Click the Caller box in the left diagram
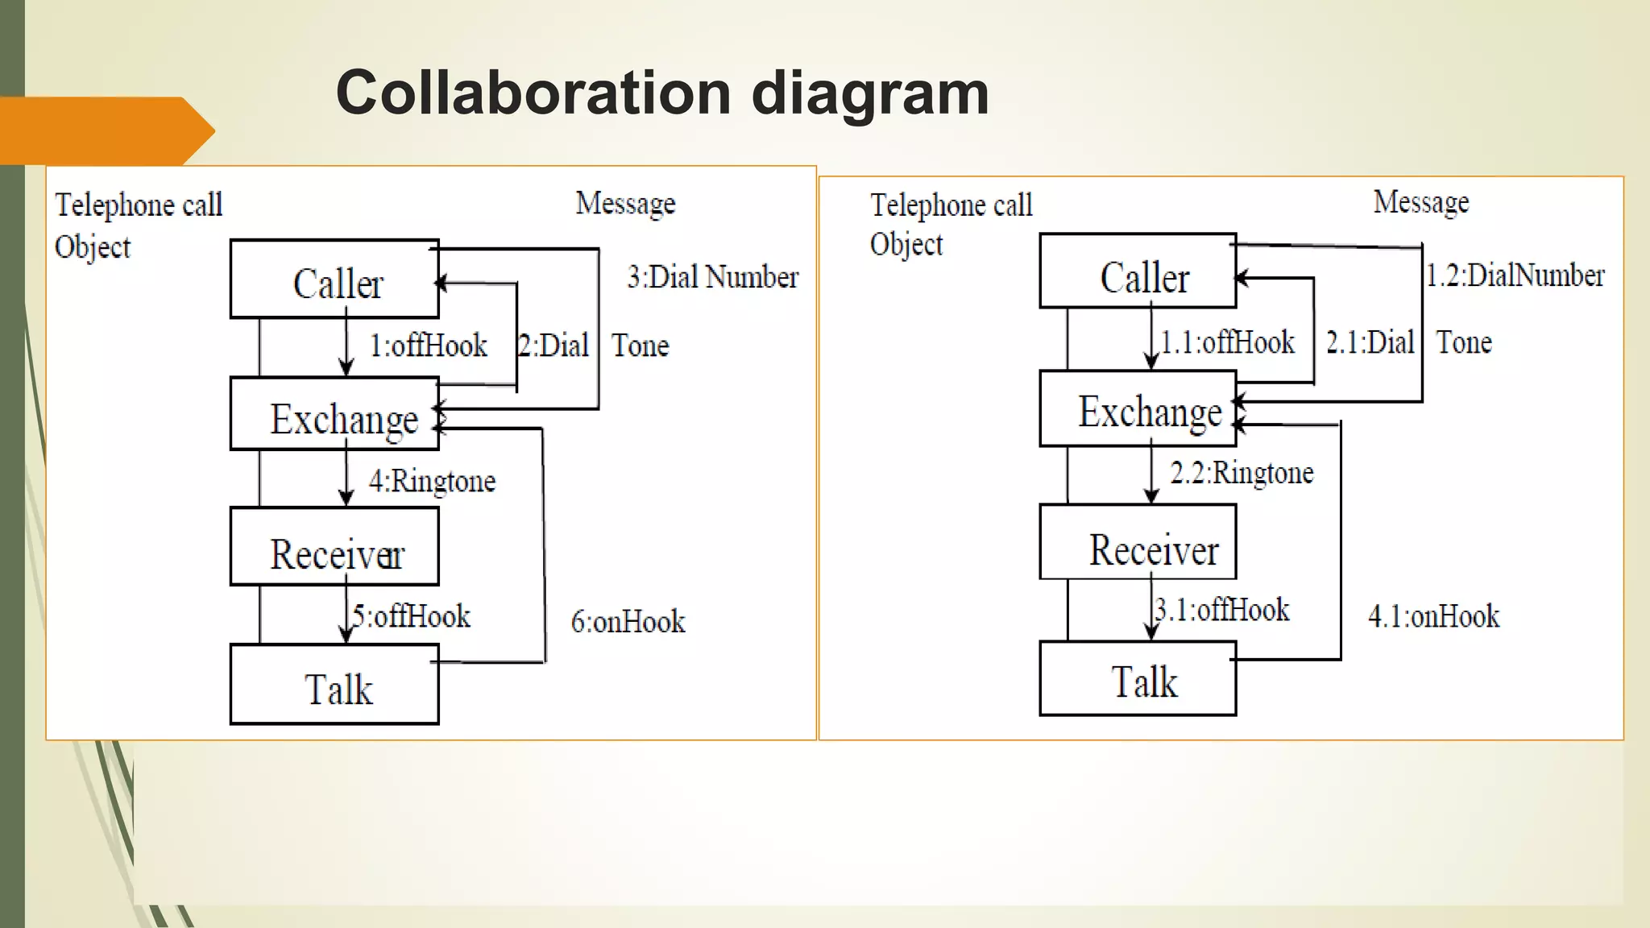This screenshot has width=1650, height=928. pyautogui.click(x=334, y=279)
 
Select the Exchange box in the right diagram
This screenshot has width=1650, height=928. pyautogui.click(x=1138, y=409)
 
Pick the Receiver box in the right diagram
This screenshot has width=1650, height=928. pyautogui.click(x=1138, y=543)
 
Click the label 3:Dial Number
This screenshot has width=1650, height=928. pyautogui.click(x=712, y=277)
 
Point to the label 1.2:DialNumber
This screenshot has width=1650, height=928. pyautogui.click(x=1515, y=275)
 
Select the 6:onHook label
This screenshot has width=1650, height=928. pyautogui.click(x=628, y=622)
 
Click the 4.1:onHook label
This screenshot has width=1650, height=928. pyautogui.click(x=1433, y=616)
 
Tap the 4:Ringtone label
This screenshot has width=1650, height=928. pyautogui.click(x=432, y=481)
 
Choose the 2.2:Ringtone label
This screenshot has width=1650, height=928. pyautogui.click(x=1242, y=473)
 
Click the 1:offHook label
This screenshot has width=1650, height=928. pyautogui.click(x=428, y=346)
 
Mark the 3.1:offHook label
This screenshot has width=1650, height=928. pyautogui.click(x=1222, y=610)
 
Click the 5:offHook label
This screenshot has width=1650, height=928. pyautogui.click(x=411, y=616)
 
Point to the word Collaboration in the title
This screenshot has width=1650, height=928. pyautogui.click(x=533, y=93)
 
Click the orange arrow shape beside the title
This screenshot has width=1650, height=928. pyautogui.click(x=105, y=130)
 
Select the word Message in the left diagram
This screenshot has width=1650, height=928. pyautogui.click(x=625, y=203)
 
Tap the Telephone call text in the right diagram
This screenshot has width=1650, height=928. pyautogui.click(x=951, y=205)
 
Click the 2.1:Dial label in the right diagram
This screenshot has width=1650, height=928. pyautogui.click(x=1370, y=342)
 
